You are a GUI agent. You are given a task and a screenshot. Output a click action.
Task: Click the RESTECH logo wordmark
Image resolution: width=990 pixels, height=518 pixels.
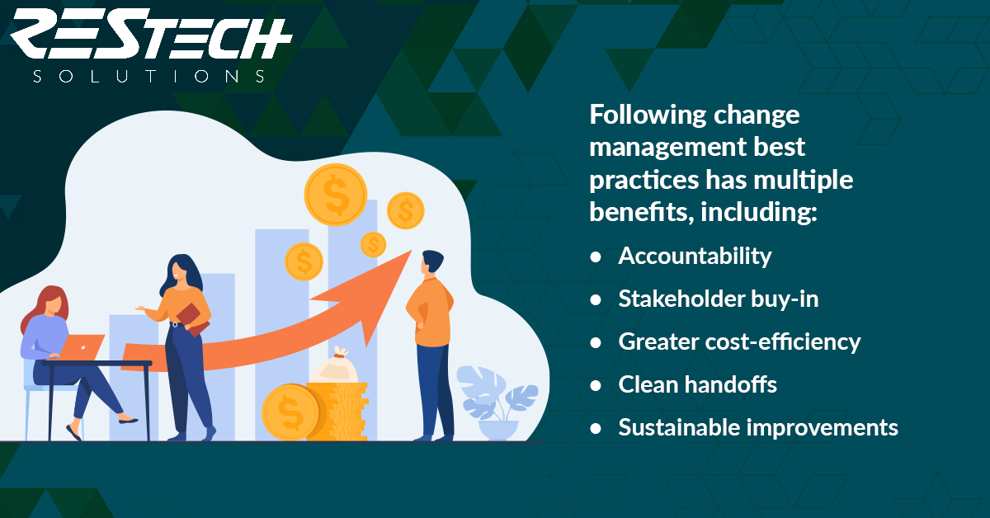coord(151,34)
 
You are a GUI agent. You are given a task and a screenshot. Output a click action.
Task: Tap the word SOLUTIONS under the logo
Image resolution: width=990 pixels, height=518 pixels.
coord(149,77)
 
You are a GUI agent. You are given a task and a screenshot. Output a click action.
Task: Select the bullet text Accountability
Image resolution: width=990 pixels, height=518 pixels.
coord(695,257)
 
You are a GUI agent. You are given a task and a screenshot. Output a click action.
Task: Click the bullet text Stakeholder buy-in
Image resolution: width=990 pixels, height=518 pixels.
coord(719,299)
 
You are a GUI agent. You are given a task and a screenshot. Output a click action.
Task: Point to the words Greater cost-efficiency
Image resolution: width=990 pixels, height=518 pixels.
coord(739,341)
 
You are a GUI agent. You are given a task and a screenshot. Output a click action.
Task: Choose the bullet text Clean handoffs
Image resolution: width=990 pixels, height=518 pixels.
coord(697,384)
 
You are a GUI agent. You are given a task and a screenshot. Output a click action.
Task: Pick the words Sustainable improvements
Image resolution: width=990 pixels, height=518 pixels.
coord(758,427)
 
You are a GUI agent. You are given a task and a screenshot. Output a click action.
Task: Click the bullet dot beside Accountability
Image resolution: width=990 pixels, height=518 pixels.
coord(596,257)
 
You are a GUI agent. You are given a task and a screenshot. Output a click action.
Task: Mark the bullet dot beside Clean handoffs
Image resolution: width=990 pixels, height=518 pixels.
coord(596,385)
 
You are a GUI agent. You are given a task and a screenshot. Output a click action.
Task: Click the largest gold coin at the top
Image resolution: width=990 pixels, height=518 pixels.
coord(336,195)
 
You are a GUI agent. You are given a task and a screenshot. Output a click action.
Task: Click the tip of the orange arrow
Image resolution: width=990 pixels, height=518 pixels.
coord(412,251)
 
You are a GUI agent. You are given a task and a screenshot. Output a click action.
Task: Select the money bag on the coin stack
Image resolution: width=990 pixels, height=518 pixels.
coord(334,366)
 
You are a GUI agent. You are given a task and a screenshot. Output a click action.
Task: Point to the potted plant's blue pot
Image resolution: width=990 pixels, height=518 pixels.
coord(498,430)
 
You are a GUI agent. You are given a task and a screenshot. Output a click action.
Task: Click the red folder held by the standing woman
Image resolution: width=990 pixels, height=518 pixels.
coord(193,319)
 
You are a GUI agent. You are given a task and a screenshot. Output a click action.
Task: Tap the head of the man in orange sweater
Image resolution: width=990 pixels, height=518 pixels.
coord(431,262)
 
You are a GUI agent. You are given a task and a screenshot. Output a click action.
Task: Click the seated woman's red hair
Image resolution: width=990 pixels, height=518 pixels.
coord(45,305)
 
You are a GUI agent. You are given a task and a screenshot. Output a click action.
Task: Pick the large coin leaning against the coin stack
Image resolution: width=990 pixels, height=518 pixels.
coord(290,412)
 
